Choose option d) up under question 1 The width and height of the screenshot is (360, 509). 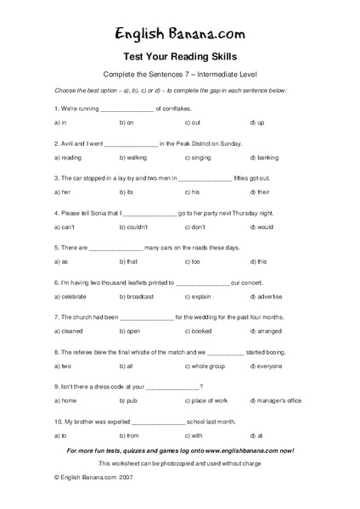[260, 123]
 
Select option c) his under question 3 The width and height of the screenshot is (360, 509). [192, 193]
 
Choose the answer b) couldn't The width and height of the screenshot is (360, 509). [136, 227]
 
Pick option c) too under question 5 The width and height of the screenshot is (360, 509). [192, 262]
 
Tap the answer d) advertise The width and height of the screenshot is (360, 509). [268, 297]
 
